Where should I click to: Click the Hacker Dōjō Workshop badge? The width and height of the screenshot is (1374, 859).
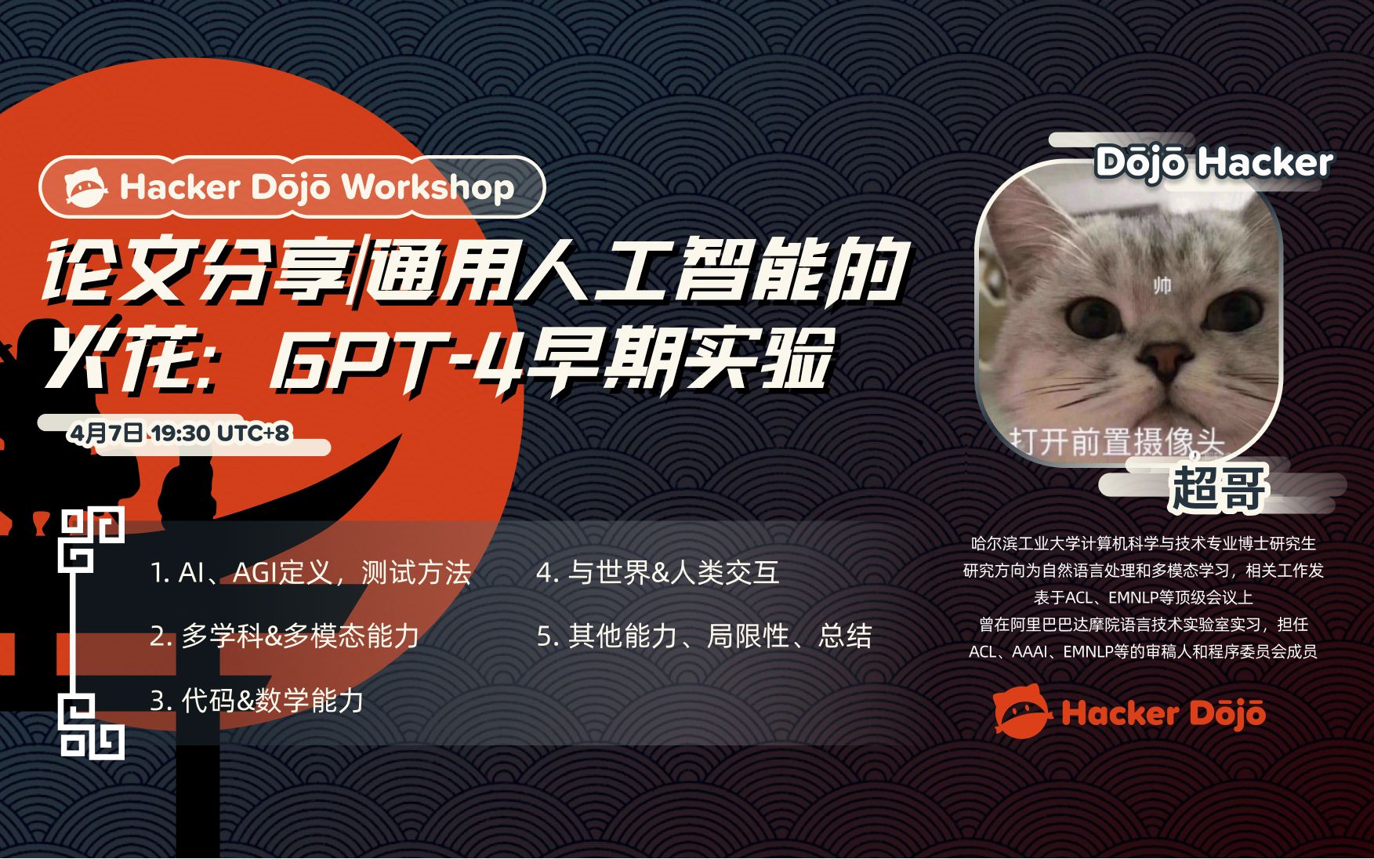click(x=292, y=187)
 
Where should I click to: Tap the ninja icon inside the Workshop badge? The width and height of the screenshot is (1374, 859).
click(x=85, y=188)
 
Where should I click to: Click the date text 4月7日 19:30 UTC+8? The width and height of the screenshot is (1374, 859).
click(x=179, y=433)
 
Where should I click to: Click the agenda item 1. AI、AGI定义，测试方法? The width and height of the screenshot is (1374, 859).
click(x=310, y=573)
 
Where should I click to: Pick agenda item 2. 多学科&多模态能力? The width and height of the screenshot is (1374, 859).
click(x=285, y=636)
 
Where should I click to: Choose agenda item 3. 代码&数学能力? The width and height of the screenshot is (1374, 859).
click(x=257, y=701)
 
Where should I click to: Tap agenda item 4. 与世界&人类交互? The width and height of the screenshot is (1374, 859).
click(x=658, y=573)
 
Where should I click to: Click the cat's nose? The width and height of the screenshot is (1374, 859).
click(x=1162, y=359)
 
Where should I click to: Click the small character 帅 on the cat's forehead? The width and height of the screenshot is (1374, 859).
click(x=1162, y=285)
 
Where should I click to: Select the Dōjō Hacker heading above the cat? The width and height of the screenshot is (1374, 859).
click(x=1213, y=163)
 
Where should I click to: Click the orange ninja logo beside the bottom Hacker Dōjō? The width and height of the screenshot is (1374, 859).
click(x=1022, y=710)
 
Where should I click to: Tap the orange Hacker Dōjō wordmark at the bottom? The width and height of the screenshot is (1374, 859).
click(x=1163, y=713)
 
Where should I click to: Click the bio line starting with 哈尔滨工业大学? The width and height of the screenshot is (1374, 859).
click(x=1144, y=543)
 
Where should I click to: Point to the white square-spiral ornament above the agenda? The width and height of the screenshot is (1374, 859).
click(x=92, y=539)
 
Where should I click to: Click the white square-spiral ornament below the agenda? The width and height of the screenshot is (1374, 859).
click(x=92, y=727)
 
